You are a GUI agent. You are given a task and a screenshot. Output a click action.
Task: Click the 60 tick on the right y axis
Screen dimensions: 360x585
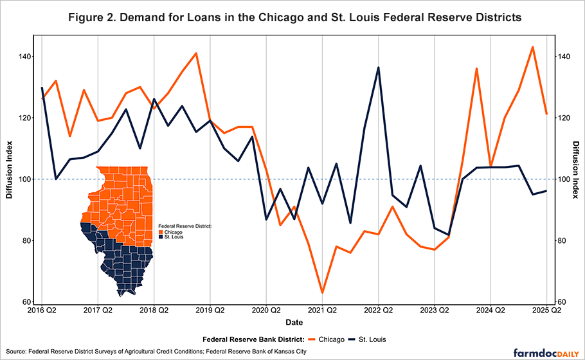pos(561,302)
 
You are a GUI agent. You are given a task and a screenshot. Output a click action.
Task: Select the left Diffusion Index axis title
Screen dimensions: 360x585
pos(10,179)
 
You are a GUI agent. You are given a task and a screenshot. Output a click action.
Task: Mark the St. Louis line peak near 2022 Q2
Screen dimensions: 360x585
pos(378,67)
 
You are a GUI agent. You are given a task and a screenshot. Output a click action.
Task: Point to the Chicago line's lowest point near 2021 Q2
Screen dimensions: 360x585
pos(322,292)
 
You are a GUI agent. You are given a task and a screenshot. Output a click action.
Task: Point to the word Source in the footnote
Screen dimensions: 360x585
pos(15,351)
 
